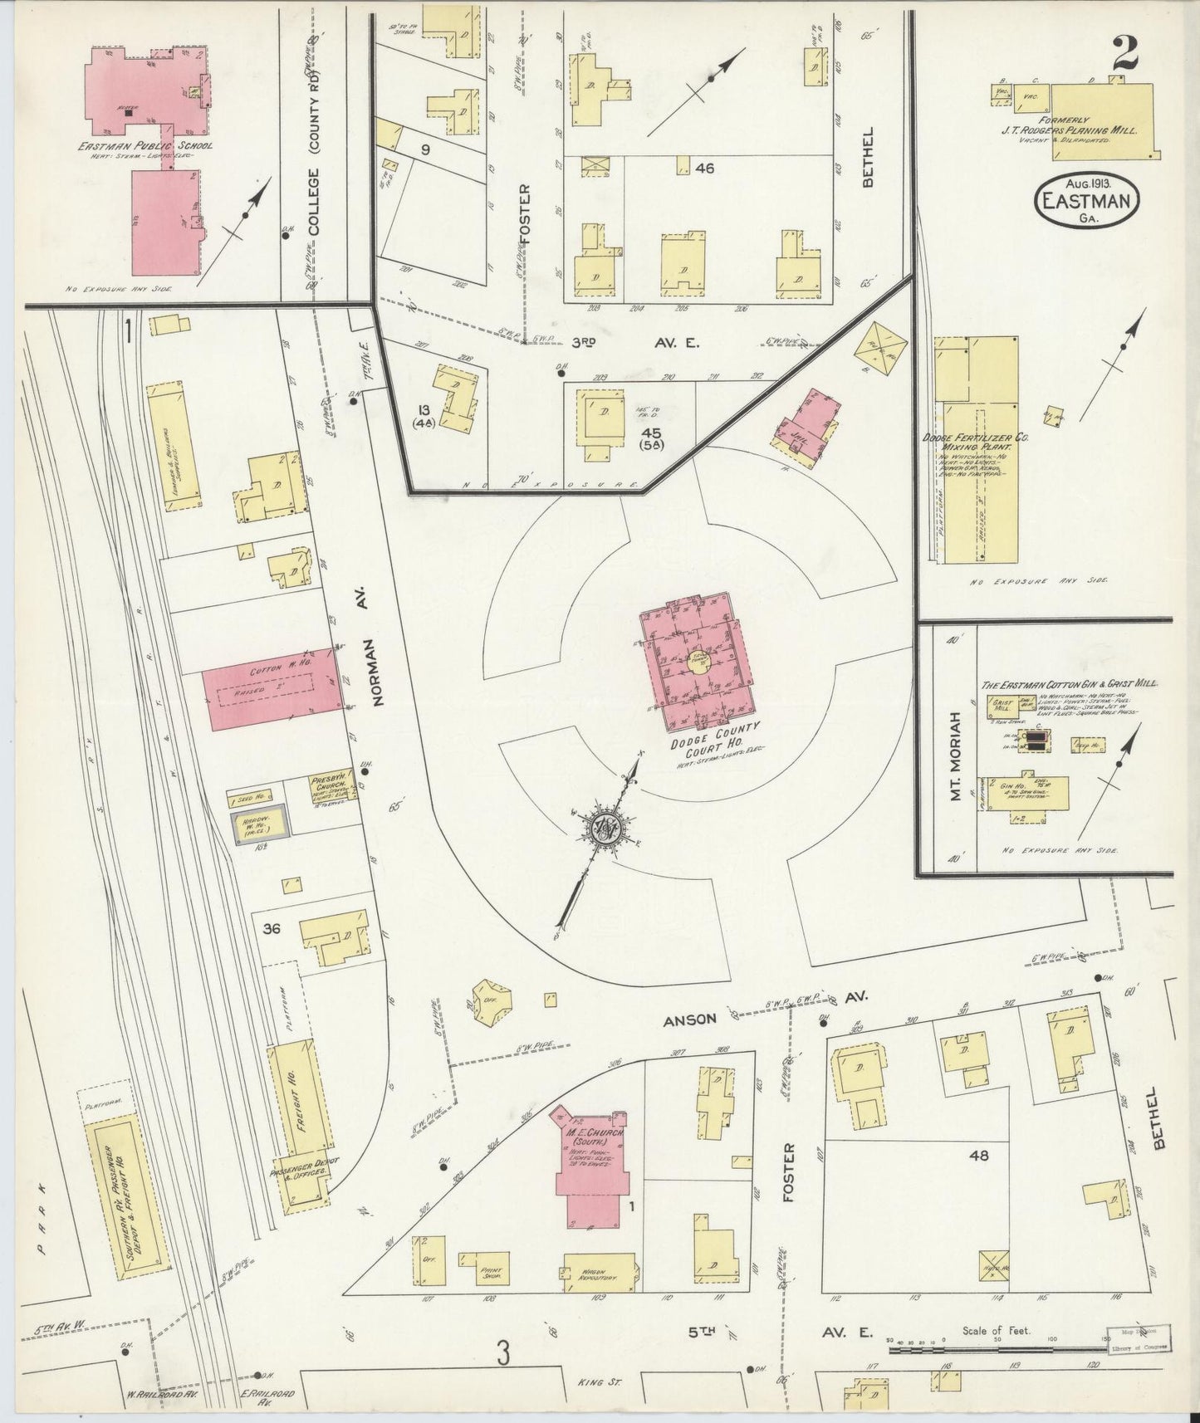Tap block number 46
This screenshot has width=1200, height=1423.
click(705, 169)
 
